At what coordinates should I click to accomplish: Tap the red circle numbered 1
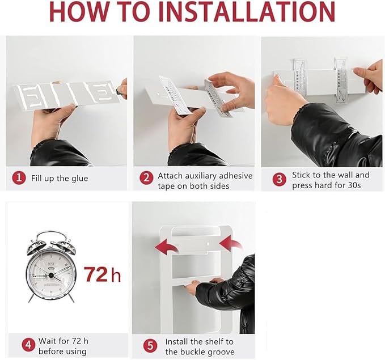(19, 178)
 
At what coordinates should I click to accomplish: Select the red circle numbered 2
(147, 178)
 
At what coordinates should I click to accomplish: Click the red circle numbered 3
(280, 179)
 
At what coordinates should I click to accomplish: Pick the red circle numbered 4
(29, 345)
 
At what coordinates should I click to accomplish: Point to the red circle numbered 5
(150, 346)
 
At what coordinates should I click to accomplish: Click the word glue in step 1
(80, 179)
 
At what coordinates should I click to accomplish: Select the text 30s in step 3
(354, 185)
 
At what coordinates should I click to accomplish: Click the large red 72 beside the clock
(96, 274)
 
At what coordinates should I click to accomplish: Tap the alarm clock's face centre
(51, 276)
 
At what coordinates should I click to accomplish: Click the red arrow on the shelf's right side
(231, 243)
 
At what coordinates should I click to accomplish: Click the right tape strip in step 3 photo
(341, 81)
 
